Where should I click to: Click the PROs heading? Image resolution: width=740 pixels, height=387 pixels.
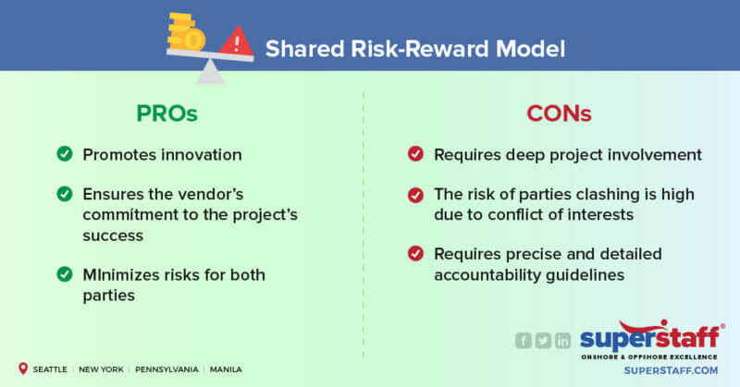pyautogui.click(x=167, y=115)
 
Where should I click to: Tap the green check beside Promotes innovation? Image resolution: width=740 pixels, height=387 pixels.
pyautogui.click(x=65, y=154)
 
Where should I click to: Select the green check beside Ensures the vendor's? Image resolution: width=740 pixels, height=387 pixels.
pyautogui.click(x=65, y=194)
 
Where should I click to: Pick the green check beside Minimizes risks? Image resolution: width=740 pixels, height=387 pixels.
pyautogui.click(x=65, y=273)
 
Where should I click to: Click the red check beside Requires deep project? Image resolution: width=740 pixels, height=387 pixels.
pyautogui.click(x=415, y=154)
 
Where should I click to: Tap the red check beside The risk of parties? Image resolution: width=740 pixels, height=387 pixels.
pyautogui.click(x=415, y=194)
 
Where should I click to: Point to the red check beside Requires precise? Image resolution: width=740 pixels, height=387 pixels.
pyautogui.click(x=415, y=253)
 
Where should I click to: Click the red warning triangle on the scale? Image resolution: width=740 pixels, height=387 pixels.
pyautogui.click(x=238, y=42)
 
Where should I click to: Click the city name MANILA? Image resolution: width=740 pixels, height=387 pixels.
pyautogui.click(x=226, y=369)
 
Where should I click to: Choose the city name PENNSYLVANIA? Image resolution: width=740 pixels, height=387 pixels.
pyautogui.click(x=166, y=369)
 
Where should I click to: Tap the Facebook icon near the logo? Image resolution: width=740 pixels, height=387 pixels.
pyautogui.click(x=523, y=341)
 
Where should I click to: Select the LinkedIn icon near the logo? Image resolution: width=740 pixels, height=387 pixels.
pyautogui.click(x=563, y=341)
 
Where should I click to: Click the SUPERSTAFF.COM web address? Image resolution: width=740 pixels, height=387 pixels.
pyautogui.click(x=672, y=369)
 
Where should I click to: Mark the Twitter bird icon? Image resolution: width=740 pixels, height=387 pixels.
pyautogui.click(x=543, y=341)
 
